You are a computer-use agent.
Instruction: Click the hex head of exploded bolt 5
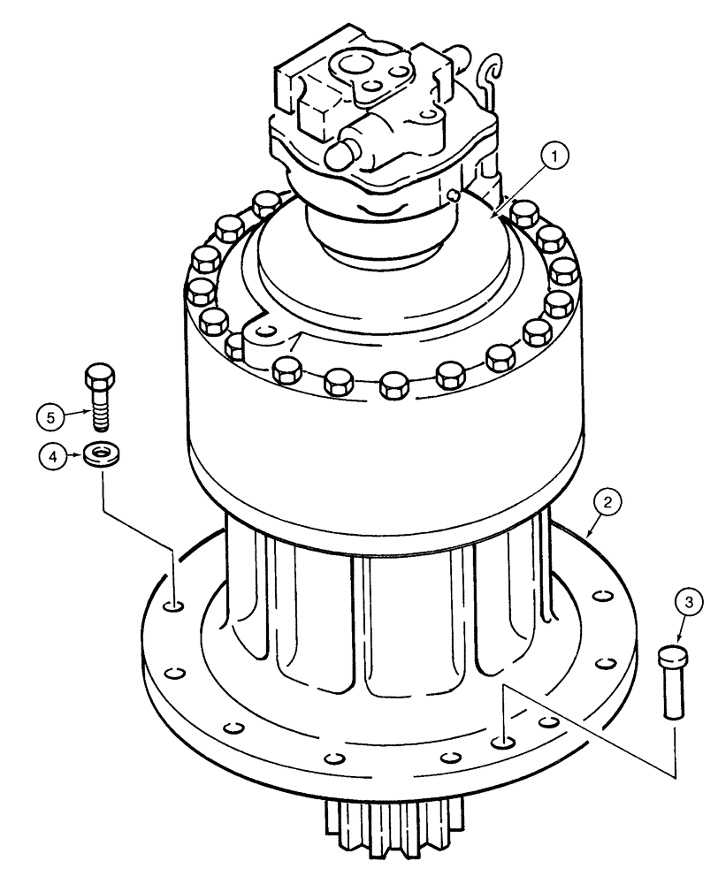(x=99, y=377)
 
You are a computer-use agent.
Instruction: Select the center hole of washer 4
(x=103, y=454)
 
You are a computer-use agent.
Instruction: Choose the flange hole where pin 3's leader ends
(x=502, y=743)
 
